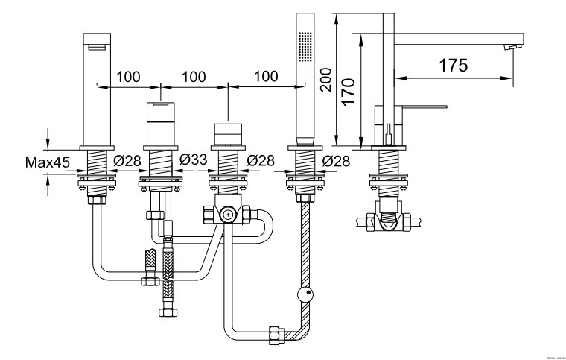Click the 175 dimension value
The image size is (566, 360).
454,66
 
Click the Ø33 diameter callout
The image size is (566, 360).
193,160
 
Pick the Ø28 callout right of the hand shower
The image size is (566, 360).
337,160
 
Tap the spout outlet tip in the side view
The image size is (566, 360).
512,48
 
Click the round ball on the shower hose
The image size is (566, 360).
304,295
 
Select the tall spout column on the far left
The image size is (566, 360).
97,89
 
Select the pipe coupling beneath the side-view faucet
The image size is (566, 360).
388,221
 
